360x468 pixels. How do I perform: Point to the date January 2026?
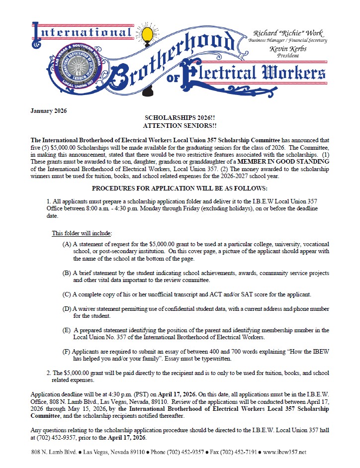pos(48,110)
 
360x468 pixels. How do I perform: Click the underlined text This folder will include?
pos(82,233)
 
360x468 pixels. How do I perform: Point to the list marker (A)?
pos(67,245)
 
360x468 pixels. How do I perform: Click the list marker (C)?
pos(67,294)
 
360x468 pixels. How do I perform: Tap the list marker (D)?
pos(67,309)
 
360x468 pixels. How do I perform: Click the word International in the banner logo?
pos(82,34)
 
